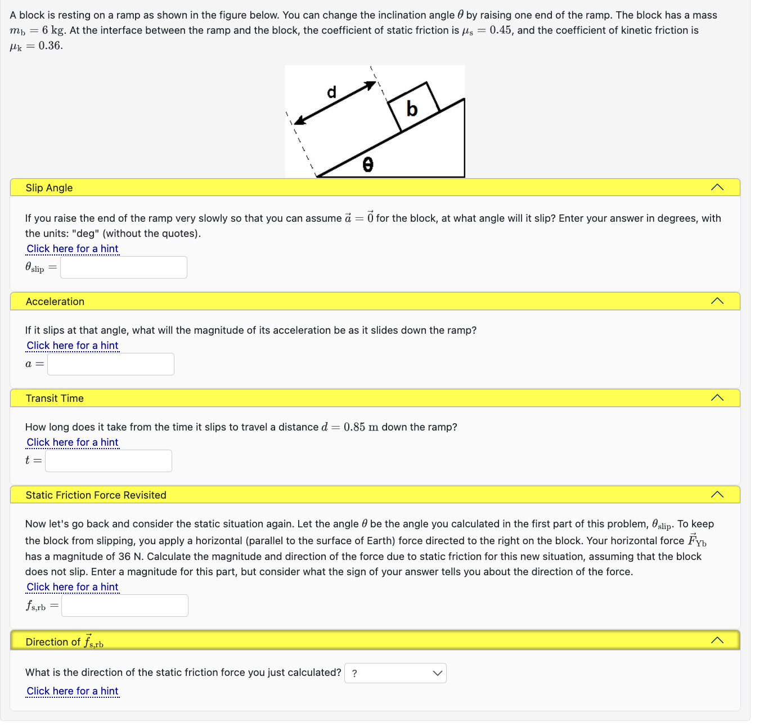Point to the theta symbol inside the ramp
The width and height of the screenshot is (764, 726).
pyautogui.click(x=368, y=164)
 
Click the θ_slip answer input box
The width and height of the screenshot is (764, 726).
pyautogui.click(x=124, y=267)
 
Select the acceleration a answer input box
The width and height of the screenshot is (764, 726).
pyautogui.click(x=111, y=364)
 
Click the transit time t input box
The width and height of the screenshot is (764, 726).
pyautogui.click(x=109, y=461)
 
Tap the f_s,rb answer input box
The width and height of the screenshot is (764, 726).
pyautogui.click(x=125, y=606)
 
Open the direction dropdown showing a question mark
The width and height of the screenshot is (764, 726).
pyautogui.click(x=396, y=673)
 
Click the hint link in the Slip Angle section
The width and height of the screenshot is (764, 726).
pyautogui.click(x=73, y=249)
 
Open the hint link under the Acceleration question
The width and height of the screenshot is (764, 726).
pyautogui.click(x=73, y=346)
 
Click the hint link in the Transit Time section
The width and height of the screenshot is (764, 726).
pyautogui.click(x=73, y=442)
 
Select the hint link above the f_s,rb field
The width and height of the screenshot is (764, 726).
pyautogui.click(x=73, y=587)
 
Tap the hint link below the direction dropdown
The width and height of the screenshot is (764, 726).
pyautogui.click(x=73, y=691)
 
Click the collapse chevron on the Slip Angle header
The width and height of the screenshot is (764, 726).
pyautogui.click(x=717, y=187)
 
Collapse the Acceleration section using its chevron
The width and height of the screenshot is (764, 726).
pyautogui.click(x=717, y=301)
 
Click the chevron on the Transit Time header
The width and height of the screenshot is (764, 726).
pyautogui.click(x=717, y=398)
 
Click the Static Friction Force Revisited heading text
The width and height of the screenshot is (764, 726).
pyautogui.click(x=96, y=495)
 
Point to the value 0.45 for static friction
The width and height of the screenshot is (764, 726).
pyautogui.click(x=500, y=30)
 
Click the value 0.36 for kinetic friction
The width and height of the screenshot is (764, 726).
pyautogui.click(x=50, y=46)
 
